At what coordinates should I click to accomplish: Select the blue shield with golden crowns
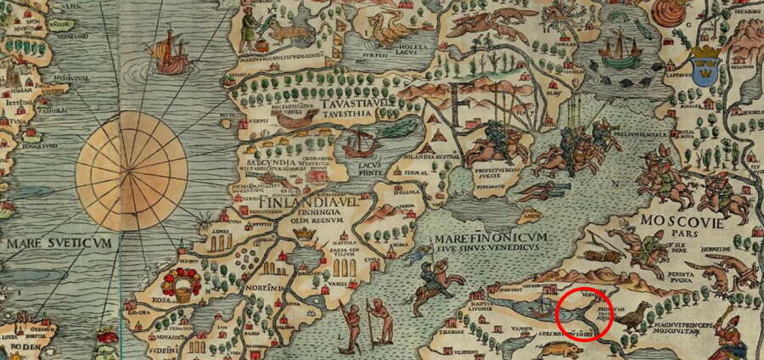[705, 65]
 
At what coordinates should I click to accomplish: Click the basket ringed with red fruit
[183, 286]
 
